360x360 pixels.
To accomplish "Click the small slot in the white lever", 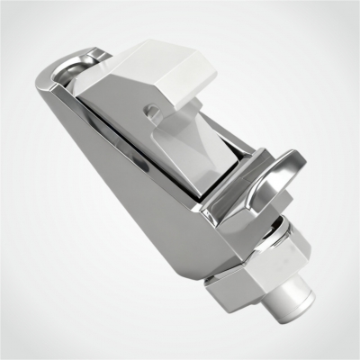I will pyautogui.click(x=154, y=113).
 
